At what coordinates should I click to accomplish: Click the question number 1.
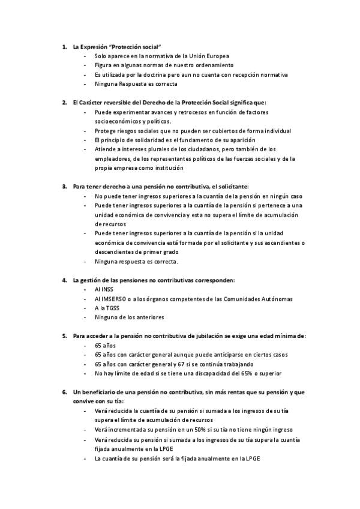pyautogui.click(x=64, y=46)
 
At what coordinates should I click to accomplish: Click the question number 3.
pyautogui.click(x=64, y=187)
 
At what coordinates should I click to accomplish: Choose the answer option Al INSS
pyautogui.click(x=103, y=289)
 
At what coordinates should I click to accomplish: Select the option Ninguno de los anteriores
pyautogui.click(x=129, y=317)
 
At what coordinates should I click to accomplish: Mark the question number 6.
pyautogui.click(x=64, y=392)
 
